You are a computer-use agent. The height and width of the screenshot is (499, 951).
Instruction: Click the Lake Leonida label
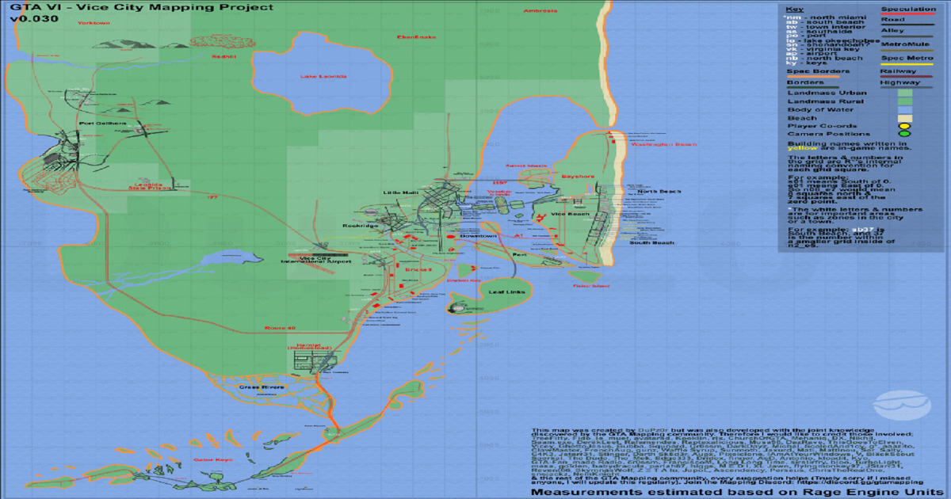click(x=323, y=76)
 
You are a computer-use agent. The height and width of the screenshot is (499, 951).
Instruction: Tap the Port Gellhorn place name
click(x=102, y=123)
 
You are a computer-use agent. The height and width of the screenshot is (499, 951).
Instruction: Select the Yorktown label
click(x=94, y=23)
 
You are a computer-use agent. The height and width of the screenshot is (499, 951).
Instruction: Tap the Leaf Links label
click(x=506, y=291)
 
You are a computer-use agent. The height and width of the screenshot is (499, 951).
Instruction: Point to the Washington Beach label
click(x=665, y=144)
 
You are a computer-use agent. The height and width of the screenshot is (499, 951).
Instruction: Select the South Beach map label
click(x=651, y=242)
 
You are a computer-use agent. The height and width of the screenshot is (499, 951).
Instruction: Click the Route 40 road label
click(x=280, y=328)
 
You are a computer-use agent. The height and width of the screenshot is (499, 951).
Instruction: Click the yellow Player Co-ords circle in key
click(x=903, y=125)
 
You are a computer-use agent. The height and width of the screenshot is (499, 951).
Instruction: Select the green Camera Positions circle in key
click(x=903, y=134)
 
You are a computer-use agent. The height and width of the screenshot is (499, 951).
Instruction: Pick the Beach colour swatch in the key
click(x=903, y=118)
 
